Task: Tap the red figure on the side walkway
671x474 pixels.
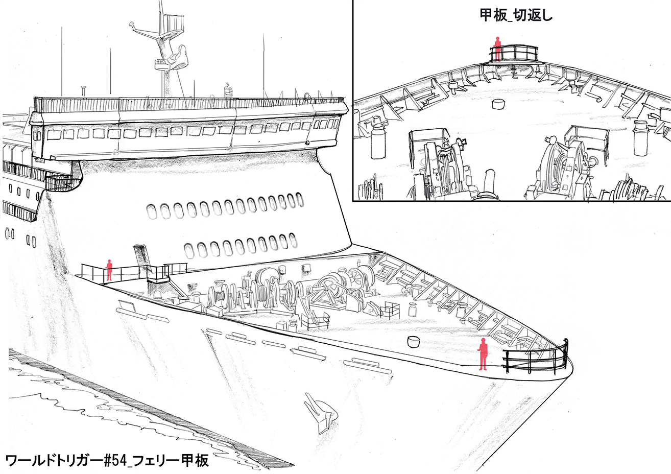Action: [x=109, y=270]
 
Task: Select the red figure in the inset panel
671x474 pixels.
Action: [x=496, y=49]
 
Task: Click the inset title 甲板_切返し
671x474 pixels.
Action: [x=516, y=16]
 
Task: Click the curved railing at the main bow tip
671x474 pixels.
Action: [x=536, y=357]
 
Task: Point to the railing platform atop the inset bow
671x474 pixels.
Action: [x=515, y=53]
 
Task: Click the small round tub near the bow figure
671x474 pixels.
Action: [x=412, y=342]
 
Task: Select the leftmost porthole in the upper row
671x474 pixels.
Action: [x=152, y=210]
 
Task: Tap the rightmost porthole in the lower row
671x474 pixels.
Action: [x=292, y=239]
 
